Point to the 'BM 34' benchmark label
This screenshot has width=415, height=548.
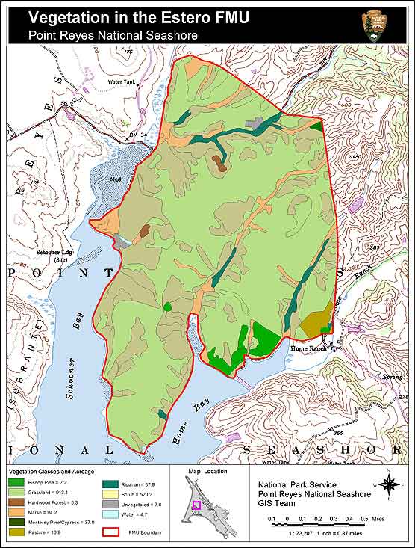137,135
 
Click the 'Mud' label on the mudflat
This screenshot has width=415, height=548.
114,179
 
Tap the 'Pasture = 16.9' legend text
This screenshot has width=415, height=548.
44,532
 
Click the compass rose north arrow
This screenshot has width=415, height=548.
389,484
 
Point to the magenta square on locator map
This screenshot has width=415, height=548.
197,505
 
